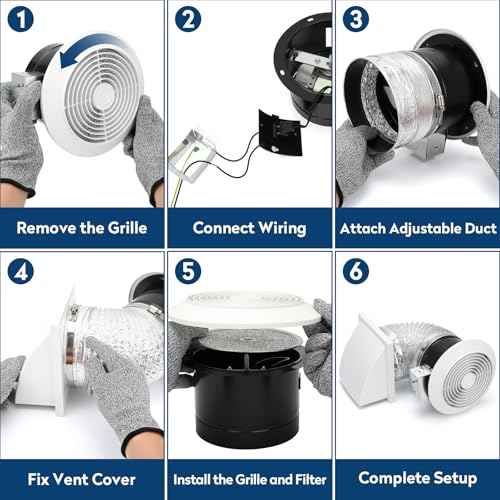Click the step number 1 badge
(20, 19)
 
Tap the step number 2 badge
(188, 19)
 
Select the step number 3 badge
(356, 19)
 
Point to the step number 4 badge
(20, 271)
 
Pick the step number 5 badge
(188, 271)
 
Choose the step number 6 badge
(356, 271)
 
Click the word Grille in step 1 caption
(128, 228)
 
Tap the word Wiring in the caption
(283, 229)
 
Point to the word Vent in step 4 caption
(70, 480)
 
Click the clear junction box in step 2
(192, 156)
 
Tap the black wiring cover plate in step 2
(280, 133)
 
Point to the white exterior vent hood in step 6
(368, 362)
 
